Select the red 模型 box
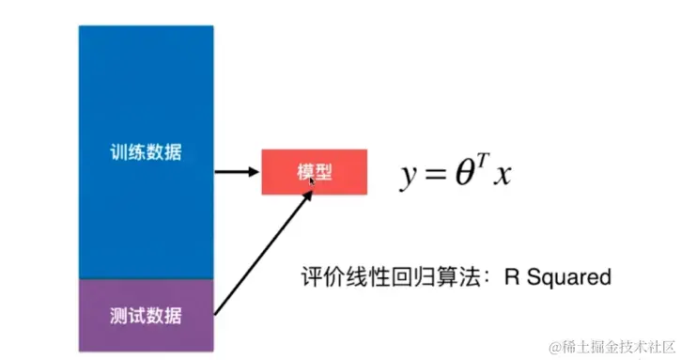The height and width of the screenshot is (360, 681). (314, 172)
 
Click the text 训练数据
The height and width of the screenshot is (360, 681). (146, 152)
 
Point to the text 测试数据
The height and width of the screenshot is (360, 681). (146, 312)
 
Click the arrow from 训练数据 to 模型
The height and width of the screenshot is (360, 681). (238, 172)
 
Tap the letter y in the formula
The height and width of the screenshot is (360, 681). (409, 176)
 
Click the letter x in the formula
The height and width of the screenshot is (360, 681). (503, 176)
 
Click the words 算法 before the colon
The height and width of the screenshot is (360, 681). (452, 277)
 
